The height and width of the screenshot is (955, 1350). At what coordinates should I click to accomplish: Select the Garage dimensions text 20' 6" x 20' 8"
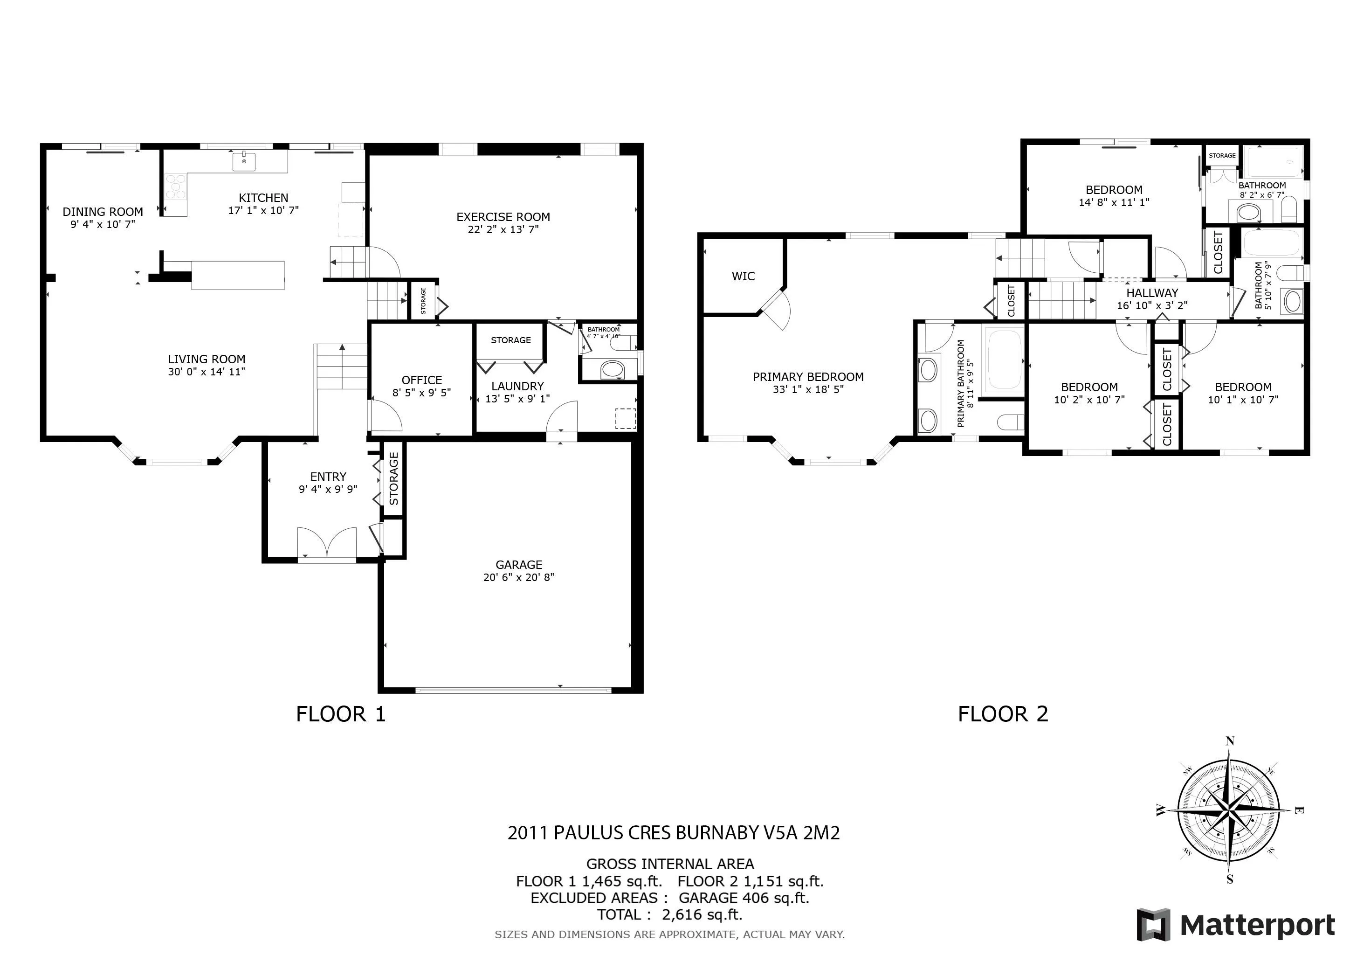pyautogui.click(x=518, y=577)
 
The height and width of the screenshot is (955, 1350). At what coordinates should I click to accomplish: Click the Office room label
pyautogui.click(x=421, y=381)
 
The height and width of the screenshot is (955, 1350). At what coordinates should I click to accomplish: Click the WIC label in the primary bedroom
pyautogui.click(x=743, y=277)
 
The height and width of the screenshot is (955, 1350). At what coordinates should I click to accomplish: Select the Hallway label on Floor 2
pyautogui.click(x=1152, y=293)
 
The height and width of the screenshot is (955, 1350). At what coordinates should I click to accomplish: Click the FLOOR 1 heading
pyautogui.click(x=340, y=714)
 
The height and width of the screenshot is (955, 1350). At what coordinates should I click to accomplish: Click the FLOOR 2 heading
pyautogui.click(x=1003, y=714)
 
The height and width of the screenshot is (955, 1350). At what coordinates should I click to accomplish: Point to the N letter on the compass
pyautogui.click(x=1229, y=741)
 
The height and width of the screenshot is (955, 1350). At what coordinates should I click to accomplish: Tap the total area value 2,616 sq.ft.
pyautogui.click(x=702, y=915)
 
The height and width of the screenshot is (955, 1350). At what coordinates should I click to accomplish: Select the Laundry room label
pyautogui.click(x=517, y=387)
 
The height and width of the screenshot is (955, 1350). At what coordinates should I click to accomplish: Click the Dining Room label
pyautogui.click(x=103, y=212)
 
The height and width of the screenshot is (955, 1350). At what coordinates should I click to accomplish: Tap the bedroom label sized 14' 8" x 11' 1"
pyautogui.click(x=1114, y=190)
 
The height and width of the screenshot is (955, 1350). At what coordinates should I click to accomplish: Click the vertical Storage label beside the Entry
pyautogui.click(x=394, y=479)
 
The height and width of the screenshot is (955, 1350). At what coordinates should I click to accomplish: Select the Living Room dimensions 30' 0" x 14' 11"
pyautogui.click(x=207, y=372)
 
